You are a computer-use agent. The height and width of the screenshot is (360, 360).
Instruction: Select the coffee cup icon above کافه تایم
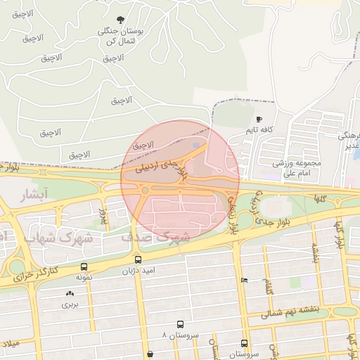pos(259,120)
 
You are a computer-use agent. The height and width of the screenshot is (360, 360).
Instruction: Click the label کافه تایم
pos(259,131)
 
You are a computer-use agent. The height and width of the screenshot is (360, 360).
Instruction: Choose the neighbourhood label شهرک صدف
pos(155,237)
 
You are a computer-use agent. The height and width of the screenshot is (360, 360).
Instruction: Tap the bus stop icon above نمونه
pos(84,267)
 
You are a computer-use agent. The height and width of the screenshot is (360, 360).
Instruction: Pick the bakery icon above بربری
pos(69,294)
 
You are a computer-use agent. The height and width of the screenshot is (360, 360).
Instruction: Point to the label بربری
pos(69,304)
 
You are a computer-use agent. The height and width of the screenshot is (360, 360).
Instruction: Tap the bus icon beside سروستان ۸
pos(181,325)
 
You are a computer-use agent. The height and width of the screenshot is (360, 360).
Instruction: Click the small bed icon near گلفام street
pos(244,280)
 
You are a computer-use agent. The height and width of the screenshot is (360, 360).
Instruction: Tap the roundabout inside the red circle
pos(145,190)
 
